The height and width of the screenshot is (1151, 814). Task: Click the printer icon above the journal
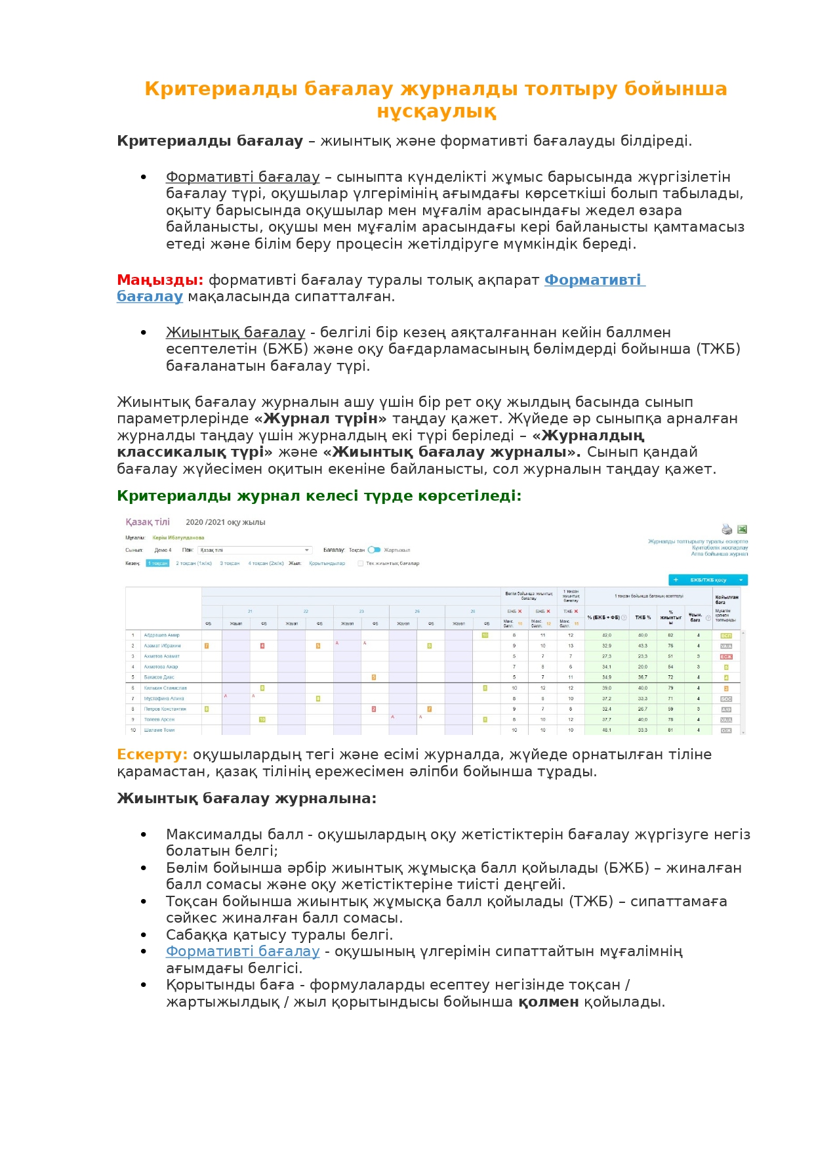pyautogui.click(x=727, y=529)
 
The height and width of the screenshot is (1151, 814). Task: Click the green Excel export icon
pyautogui.click(x=742, y=529)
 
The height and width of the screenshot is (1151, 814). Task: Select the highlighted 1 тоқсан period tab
pyautogui.click(x=157, y=563)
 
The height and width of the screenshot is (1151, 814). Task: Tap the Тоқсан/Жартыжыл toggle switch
pyautogui.click(x=374, y=550)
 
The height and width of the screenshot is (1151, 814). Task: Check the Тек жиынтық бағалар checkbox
pyautogui.click(x=360, y=563)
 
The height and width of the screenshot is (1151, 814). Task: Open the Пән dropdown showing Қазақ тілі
pyautogui.click(x=254, y=550)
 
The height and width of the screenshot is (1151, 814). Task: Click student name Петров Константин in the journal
pyautogui.click(x=165, y=709)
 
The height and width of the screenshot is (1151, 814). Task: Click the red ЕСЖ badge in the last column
pyautogui.click(x=726, y=656)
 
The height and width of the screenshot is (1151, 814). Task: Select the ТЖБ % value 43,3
pyautogui.click(x=642, y=646)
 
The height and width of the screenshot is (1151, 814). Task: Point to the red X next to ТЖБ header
pyautogui.click(x=576, y=611)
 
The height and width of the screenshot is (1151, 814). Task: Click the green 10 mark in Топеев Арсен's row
pyautogui.click(x=262, y=719)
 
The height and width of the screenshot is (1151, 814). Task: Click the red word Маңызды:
pyautogui.click(x=160, y=280)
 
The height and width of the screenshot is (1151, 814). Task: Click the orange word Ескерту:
pyautogui.click(x=152, y=755)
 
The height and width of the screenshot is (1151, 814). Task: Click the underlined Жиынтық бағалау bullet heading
pyautogui.click(x=235, y=333)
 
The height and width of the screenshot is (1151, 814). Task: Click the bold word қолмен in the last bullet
pyautogui.click(x=548, y=1002)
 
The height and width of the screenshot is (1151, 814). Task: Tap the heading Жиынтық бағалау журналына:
pyautogui.click(x=247, y=799)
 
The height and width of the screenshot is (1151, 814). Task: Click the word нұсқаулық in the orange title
pyautogui.click(x=436, y=112)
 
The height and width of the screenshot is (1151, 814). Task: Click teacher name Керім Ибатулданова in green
pyautogui.click(x=178, y=537)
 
